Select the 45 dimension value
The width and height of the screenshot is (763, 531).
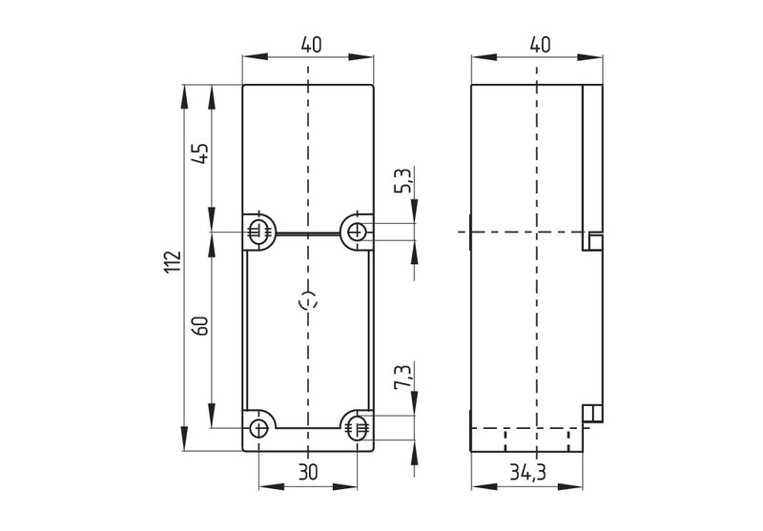point(200,153)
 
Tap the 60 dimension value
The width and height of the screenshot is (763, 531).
point(200,325)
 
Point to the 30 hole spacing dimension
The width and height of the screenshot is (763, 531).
point(307,472)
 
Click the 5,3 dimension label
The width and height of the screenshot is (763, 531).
point(403,180)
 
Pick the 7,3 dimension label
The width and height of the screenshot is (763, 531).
point(403,376)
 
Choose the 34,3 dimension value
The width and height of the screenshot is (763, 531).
point(528,472)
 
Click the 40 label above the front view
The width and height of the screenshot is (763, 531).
point(311,45)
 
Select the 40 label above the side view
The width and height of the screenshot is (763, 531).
point(540,45)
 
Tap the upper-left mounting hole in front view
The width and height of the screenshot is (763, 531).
point(258,231)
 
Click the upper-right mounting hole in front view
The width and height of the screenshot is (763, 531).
point(357,231)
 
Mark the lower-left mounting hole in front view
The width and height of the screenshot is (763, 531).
point(258,428)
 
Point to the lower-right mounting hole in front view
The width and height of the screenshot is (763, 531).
point(357,428)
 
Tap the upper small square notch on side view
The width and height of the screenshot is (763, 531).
point(595,242)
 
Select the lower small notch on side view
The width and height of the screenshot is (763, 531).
point(593,413)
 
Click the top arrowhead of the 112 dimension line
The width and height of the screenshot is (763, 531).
point(184,96)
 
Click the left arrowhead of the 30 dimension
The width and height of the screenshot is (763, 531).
point(271,487)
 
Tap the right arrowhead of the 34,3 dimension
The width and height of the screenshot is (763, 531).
point(570,487)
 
